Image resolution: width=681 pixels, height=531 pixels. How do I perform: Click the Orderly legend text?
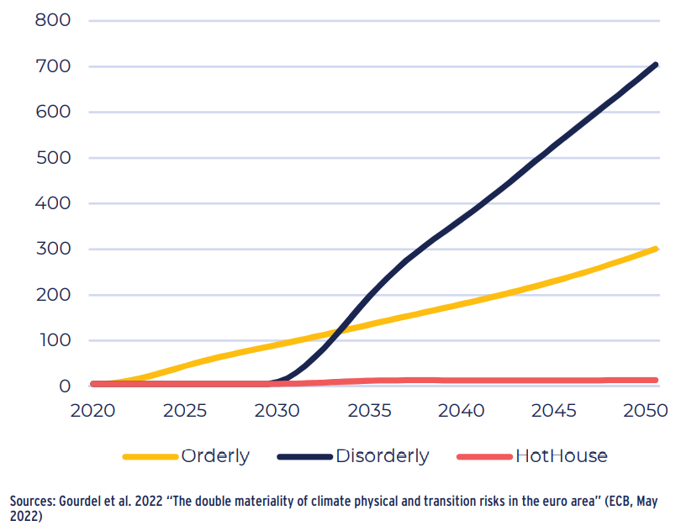coord(215,456)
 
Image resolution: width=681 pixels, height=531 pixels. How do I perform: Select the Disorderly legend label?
coord(382,456)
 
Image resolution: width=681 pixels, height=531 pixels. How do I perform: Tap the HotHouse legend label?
coord(561,456)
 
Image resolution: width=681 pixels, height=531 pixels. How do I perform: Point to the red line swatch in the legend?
coord(484,457)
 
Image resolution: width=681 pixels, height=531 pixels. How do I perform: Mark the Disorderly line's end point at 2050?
coord(655,65)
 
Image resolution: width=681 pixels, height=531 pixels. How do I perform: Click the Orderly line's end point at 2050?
coord(655,249)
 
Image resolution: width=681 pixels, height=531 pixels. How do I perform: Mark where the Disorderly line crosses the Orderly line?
coord(340,329)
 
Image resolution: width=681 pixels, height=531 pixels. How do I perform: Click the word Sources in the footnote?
coord(33,502)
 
